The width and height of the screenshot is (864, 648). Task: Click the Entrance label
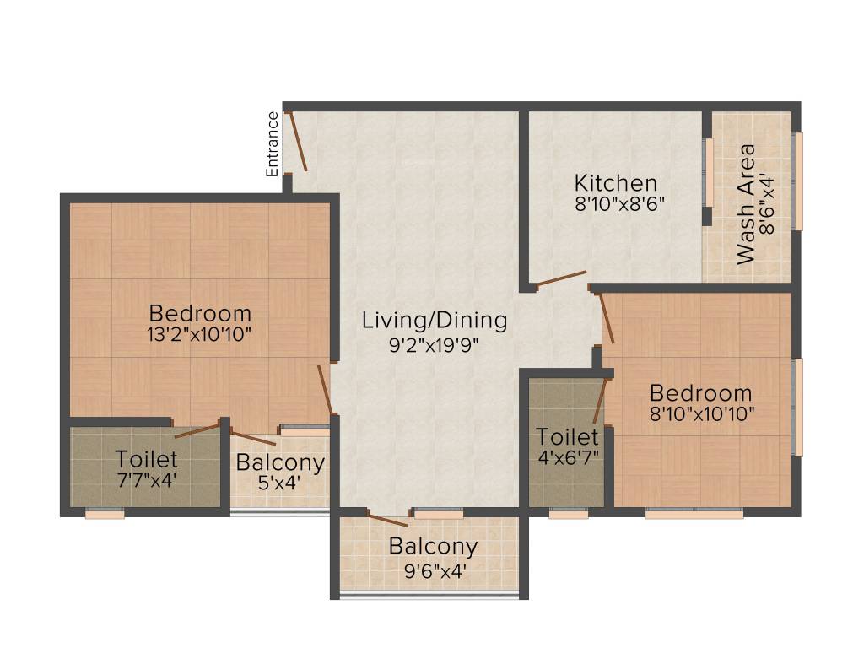[x=273, y=143]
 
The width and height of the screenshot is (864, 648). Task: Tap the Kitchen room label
[x=615, y=183]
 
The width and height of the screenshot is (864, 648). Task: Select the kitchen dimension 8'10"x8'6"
[x=620, y=203]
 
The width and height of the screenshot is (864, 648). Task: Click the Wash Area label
[x=746, y=204]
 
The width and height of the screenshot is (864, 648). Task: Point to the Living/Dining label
[x=435, y=321]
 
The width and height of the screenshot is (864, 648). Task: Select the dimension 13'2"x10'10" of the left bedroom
[x=199, y=333]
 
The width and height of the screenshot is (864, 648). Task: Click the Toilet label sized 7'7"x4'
[x=147, y=460]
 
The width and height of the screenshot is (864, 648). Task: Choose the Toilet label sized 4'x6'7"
[x=568, y=437]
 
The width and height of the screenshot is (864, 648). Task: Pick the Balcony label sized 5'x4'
[x=280, y=462]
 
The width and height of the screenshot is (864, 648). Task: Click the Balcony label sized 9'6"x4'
[x=433, y=546]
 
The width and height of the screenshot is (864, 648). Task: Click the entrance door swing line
[x=296, y=140]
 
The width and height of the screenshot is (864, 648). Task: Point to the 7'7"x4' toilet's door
[x=197, y=429]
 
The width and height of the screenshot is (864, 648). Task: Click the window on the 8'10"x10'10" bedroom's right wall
[x=796, y=407]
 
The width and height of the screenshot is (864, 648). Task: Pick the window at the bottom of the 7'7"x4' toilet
[x=105, y=513]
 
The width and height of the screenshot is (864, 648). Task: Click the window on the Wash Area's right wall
[x=796, y=181]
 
